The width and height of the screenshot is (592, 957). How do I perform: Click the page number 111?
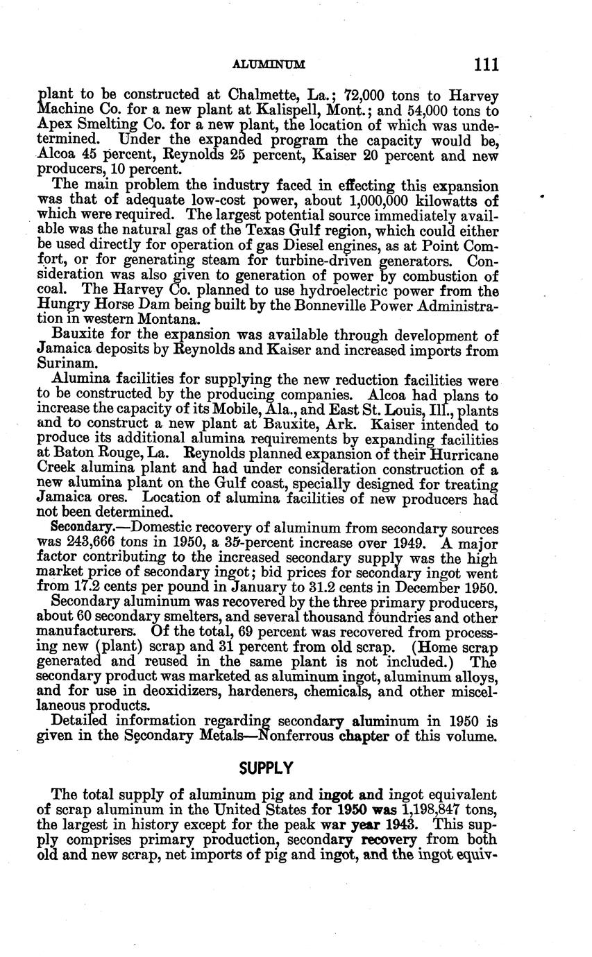point(487,65)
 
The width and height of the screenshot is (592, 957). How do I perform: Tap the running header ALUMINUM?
point(269,65)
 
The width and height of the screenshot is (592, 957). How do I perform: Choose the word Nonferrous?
point(292,735)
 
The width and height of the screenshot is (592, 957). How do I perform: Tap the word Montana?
point(166,320)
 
